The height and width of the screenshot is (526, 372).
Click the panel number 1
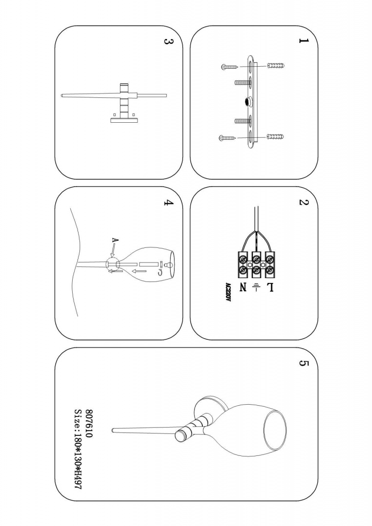304,41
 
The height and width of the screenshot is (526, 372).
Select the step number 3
167,41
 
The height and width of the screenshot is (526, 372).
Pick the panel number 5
303,364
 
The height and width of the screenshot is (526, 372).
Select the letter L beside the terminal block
269,288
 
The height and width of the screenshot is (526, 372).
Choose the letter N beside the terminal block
242,288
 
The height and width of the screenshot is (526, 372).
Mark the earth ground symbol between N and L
255,288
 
